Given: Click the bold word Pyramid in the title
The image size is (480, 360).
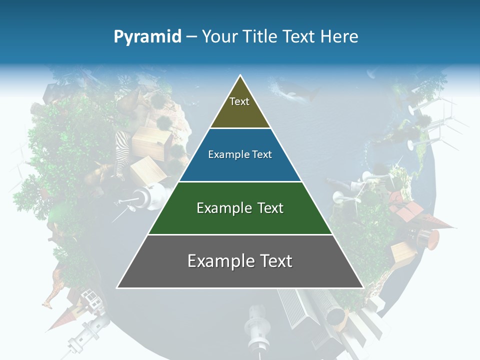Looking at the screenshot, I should pyautogui.click(x=147, y=37).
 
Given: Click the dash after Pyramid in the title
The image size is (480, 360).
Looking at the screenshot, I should pyautogui.click(x=191, y=37).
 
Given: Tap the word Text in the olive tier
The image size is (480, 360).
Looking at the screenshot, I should pyautogui.click(x=239, y=101).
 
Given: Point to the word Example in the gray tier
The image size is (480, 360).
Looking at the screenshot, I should pyautogui.click(x=219, y=261).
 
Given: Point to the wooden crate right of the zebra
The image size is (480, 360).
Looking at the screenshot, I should pyautogui.click(x=152, y=142).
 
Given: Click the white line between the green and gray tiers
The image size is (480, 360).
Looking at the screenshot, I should pyautogui.click(x=240, y=234).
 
